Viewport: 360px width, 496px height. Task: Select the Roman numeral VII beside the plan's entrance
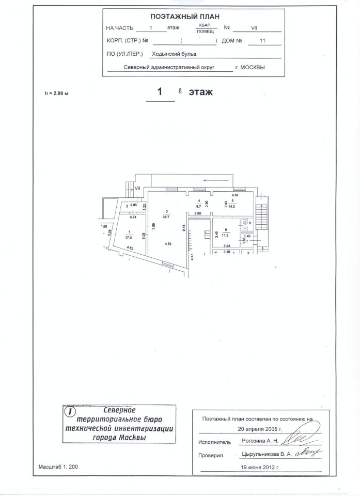click(138, 189)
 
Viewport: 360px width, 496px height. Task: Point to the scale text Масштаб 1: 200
click(58, 467)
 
